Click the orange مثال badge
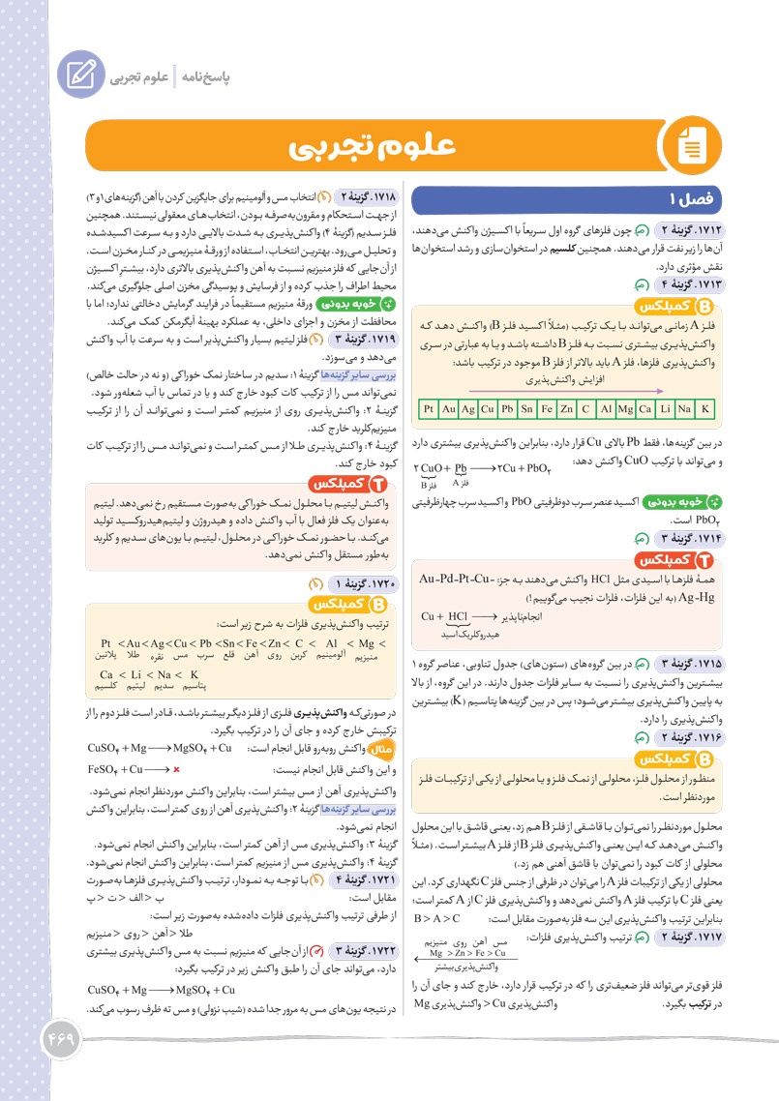[x=382, y=749]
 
